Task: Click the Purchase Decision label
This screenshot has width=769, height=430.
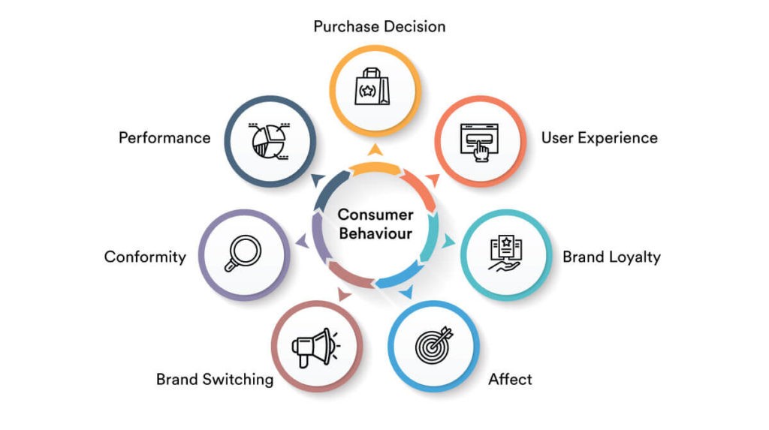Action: pyautogui.click(x=379, y=26)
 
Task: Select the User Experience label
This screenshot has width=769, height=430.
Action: pyautogui.click(x=599, y=138)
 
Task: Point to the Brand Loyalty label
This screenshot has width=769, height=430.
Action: pyautogui.click(x=611, y=257)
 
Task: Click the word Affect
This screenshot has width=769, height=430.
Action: pyautogui.click(x=510, y=379)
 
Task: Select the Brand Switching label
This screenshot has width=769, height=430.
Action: pyautogui.click(x=215, y=379)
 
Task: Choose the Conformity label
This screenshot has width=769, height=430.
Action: pyautogui.click(x=145, y=257)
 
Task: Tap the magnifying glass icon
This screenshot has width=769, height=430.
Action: pyautogui.click(x=243, y=254)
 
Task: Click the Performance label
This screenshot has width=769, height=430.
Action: pyautogui.click(x=164, y=138)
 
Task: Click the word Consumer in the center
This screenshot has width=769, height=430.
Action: pyautogui.click(x=375, y=215)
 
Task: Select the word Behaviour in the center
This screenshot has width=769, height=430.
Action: pyautogui.click(x=375, y=233)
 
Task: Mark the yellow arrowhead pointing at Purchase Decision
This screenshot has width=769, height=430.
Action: pyautogui.click(x=375, y=149)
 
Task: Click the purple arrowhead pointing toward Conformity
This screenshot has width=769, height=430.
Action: pyautogui.click(x=301, y=241)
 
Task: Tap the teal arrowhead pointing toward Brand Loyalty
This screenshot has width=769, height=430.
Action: pyautogui.click(x=449, y=242)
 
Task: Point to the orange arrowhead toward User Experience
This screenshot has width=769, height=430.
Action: pyautogui.click(x=432, y=178)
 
